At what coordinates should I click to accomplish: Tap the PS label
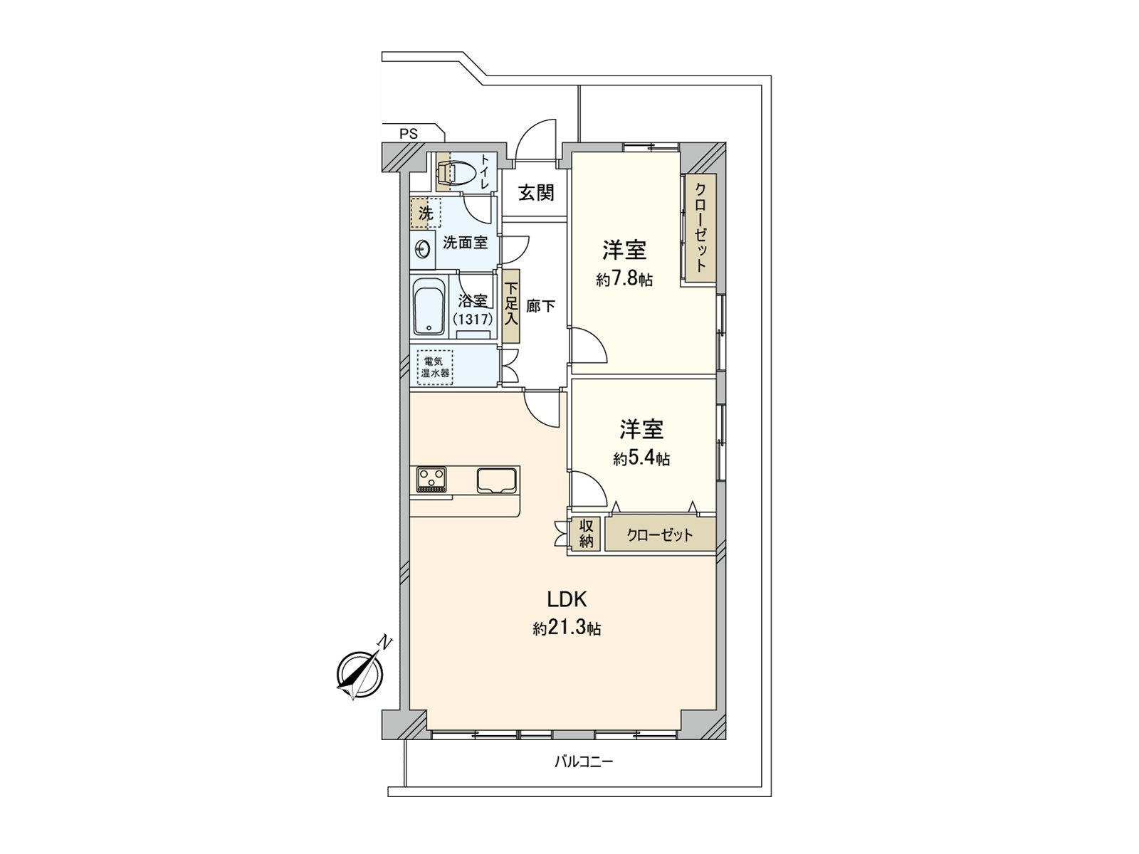coord(409,132)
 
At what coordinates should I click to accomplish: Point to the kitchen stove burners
coord(431,478)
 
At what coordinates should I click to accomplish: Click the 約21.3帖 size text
coord(567,628)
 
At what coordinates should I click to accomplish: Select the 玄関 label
coord(535,193)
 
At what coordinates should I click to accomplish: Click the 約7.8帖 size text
coord(624,280)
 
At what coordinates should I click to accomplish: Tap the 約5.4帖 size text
coord(641,459)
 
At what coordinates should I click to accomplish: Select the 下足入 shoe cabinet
coord(511,306)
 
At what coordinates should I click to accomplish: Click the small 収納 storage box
coord(586,534)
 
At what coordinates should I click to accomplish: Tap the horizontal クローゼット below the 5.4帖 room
coord(660,535)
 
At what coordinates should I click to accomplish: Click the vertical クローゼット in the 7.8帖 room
coord(700,229)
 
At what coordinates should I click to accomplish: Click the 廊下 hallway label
coord(540,307)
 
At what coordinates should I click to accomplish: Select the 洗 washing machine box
coord(426,213)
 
